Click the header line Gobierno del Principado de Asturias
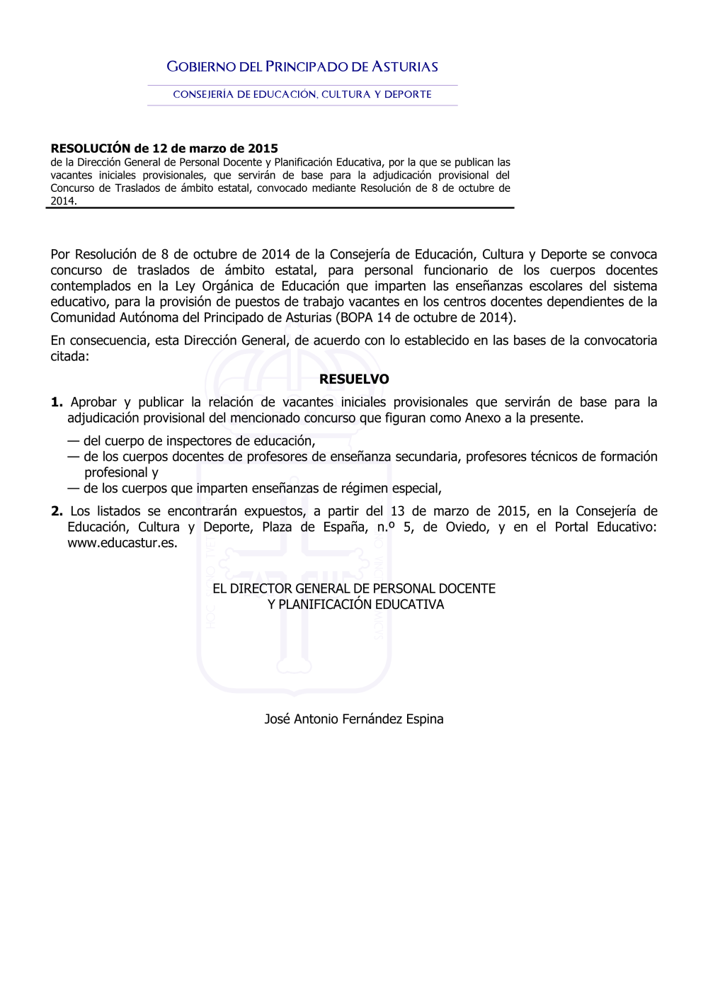pos(302,67)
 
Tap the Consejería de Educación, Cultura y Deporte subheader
pos(302,94)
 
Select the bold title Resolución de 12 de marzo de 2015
pos(164,149)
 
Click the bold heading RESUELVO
pos(354,379)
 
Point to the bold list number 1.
pos(57,403)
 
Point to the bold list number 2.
pos(57,511)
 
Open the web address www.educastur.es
pos(122,544)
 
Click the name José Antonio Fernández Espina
pos(354,719)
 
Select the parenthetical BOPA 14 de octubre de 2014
pos(426,318)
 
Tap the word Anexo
pos(482,418)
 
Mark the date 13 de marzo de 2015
pos(459,511)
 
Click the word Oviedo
pos(467,527)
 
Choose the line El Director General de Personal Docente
pos(354,589)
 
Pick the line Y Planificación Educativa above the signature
pos(355,605)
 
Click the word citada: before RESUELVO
pos(69,357)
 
